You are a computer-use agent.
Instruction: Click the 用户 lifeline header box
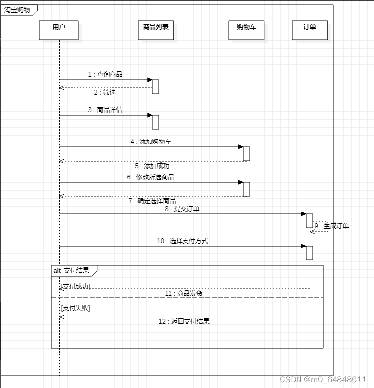59,30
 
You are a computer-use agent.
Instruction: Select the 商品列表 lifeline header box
155,30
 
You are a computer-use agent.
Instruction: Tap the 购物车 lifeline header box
247,30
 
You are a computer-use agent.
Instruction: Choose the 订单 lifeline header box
310,30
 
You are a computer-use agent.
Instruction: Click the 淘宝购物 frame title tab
18,10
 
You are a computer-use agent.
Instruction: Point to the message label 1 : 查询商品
105,74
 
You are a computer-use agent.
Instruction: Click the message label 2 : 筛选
105,92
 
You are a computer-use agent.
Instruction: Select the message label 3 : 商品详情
105,110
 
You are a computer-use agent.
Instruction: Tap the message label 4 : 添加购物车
151,141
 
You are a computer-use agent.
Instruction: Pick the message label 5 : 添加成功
152,166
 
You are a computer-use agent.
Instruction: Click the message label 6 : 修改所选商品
150,177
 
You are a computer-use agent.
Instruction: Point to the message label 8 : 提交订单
182,209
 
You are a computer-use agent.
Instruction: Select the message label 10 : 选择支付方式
182,241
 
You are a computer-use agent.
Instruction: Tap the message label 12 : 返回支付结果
184,321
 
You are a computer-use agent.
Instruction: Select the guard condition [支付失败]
75,308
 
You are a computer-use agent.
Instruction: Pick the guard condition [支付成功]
75,286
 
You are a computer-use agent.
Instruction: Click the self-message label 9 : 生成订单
332,226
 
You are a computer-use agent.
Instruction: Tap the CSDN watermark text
323,379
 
